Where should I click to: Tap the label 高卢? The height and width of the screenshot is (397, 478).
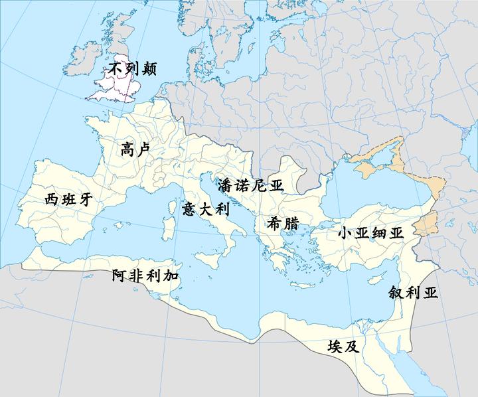tap(135, 149)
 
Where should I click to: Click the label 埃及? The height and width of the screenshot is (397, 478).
tap(343, 347)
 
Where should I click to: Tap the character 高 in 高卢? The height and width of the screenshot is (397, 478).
tap(128, 149)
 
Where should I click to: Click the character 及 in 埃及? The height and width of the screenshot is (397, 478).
tap(351, 347)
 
